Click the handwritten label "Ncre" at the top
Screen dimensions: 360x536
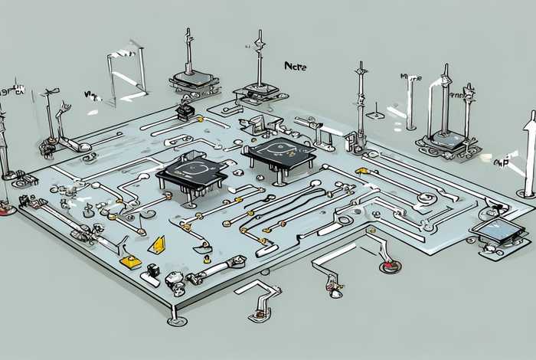tap(295, 67)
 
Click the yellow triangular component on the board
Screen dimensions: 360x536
tap(159, 244)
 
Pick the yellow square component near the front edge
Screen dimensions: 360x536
tap(131, 261)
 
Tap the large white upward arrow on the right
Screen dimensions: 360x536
tap(528, 153)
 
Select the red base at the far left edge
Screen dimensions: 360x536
tap(8, 207)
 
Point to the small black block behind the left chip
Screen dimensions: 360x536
tap(184, 112)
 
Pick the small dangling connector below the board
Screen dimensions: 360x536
tap(335, 287)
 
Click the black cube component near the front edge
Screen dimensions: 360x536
tap(153, 270)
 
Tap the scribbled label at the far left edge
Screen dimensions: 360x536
tap(11, 90)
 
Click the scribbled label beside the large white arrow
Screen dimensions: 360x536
tap(502, 162)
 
